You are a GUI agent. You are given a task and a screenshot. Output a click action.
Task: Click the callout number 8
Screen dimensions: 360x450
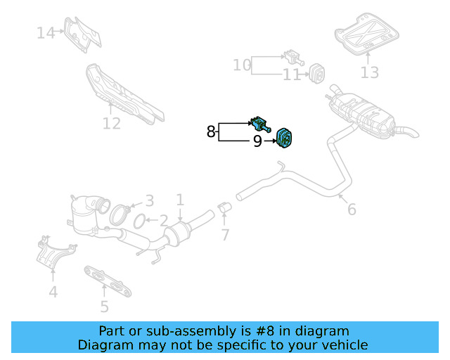211,131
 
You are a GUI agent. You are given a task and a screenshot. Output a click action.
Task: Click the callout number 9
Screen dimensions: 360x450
257,142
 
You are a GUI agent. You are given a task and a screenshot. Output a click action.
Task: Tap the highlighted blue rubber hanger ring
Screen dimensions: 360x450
285,138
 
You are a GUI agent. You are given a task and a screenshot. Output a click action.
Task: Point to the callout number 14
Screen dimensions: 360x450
46,32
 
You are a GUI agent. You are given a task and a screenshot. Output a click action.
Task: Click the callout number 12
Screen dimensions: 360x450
112,124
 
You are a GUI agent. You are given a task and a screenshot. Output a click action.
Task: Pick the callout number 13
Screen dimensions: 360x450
369,72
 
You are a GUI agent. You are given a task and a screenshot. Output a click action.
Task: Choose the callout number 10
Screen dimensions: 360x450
242,65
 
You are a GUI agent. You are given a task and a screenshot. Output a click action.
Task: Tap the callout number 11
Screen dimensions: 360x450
292,75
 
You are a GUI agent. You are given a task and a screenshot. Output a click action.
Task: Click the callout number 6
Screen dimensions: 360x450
352,209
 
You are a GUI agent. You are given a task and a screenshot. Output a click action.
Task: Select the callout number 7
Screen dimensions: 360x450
225,234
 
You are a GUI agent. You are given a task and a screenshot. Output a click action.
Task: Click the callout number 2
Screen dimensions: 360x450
163,221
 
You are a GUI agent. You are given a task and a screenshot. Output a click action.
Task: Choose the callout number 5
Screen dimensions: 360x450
104,306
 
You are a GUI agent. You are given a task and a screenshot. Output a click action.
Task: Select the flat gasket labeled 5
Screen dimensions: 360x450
109,279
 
